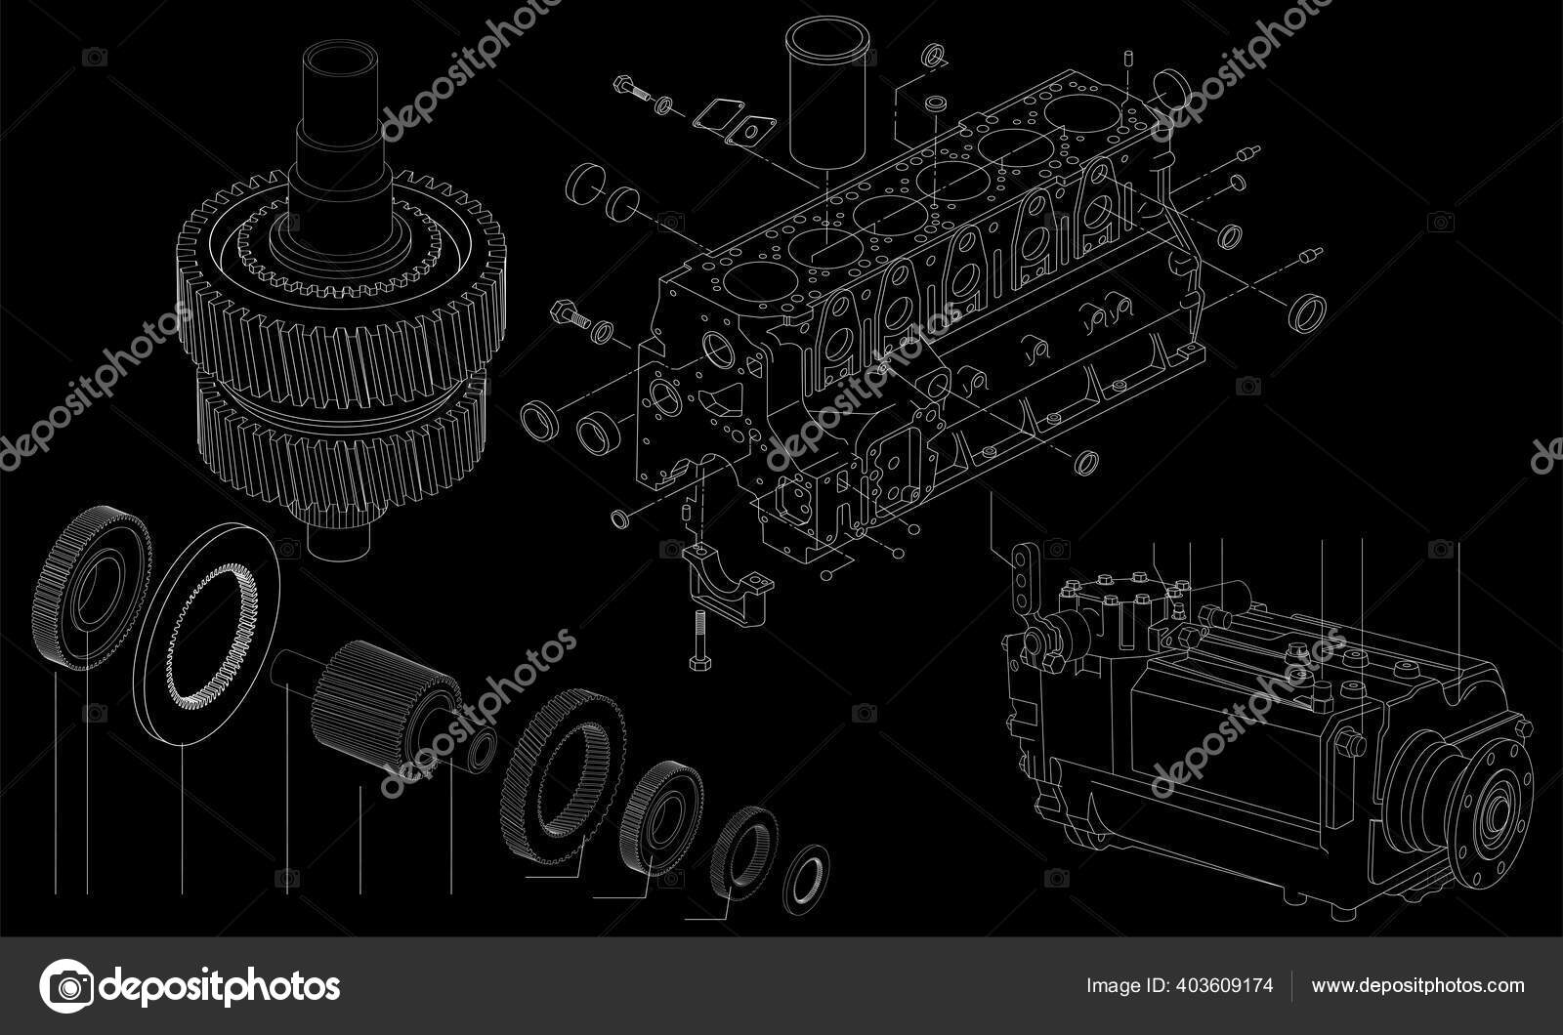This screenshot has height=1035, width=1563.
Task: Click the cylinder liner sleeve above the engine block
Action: (x=827, y=91)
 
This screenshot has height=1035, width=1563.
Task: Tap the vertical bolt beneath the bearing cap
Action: (x=699, y=640)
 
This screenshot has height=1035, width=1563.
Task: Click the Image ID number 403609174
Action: (x=1225, y=985)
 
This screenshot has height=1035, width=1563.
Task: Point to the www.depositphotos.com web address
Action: (x=1417, y=985)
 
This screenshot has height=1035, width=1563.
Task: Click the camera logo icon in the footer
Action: (x=67, y=986)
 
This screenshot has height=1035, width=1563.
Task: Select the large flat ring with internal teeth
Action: (x=206, y=634)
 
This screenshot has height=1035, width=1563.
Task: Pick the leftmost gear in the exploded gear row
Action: (x=92, y=587)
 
